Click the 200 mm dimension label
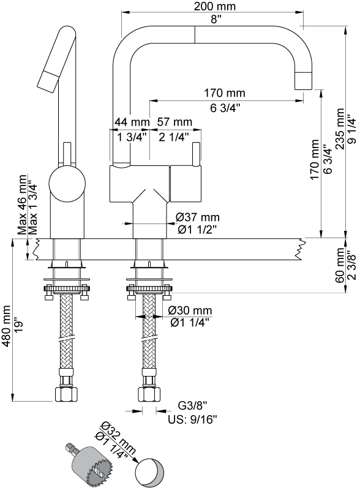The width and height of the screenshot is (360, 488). pos(215,6)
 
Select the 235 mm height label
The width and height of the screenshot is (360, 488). pos(340,129)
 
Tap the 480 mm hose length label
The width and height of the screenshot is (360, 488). pos(6,326)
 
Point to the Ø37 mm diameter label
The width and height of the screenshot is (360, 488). pos(197,217)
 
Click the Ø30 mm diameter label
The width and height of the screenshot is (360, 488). pos(190,310)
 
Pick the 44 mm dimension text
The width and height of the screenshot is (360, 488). pos(132,122)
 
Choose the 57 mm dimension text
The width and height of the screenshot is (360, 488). pos(174,122)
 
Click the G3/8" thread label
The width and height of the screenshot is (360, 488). pos(192,405)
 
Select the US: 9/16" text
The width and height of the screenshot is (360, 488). pos(192,419)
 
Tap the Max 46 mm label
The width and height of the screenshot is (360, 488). pos(22,204)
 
